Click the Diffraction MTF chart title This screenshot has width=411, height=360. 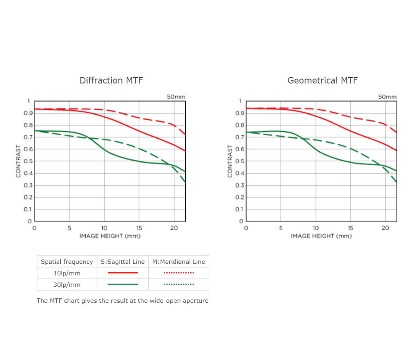[x=111, y=80]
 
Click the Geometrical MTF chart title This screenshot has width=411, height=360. [x=323, y=80]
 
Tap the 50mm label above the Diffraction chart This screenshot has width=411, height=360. [x=176, y=97]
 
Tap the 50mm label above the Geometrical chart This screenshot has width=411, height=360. [x=387, y=97]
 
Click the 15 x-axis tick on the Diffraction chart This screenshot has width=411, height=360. [x=139, y=228]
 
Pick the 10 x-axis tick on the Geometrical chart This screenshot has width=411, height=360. [x=316, y=228]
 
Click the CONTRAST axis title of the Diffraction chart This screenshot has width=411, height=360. [x=18, y=161]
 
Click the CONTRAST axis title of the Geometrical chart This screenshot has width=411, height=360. [x=230, y=161]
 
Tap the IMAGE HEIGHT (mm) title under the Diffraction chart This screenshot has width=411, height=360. [x=110, y=236]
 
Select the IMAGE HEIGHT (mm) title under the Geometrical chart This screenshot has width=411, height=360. [x=321, y=236]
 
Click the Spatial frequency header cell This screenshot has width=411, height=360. [x=67, y=262]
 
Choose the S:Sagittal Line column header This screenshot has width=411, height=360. [x=123, y=262]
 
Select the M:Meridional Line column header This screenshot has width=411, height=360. [x=178, y=262]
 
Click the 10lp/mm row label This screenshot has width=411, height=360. [x=67, y=273]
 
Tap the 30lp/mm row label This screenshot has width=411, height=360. [x=67, y=284]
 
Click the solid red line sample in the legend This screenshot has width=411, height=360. [x=123, y=273]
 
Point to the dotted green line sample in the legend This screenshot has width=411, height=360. [x=178, y=284]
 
